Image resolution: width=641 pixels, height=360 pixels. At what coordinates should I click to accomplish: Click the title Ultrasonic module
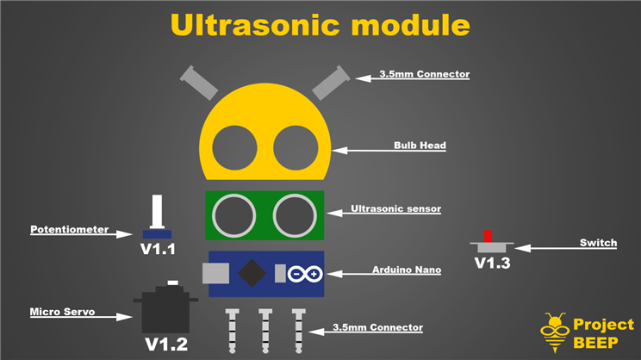click(320, 24)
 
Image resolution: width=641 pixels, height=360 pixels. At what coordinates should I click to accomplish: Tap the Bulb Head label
click(420, 146)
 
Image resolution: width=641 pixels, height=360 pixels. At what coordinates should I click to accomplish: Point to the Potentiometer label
click(69, 230)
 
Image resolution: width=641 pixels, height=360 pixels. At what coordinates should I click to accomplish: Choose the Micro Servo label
click(62, 311)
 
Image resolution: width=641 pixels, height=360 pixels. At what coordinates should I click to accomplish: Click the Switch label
click(598, 243)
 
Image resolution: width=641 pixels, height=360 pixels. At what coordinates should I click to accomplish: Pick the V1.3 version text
click(492, 263)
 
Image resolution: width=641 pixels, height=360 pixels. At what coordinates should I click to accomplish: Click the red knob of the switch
click(488, 235)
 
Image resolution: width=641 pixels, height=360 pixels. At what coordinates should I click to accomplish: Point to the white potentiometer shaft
click(157, 211)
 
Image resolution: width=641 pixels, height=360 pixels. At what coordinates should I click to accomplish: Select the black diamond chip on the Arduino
click(252, 273)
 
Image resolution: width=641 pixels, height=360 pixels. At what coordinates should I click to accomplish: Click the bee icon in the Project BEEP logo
click(553, 331)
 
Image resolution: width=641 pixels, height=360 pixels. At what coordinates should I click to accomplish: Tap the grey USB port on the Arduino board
click(215, 273)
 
